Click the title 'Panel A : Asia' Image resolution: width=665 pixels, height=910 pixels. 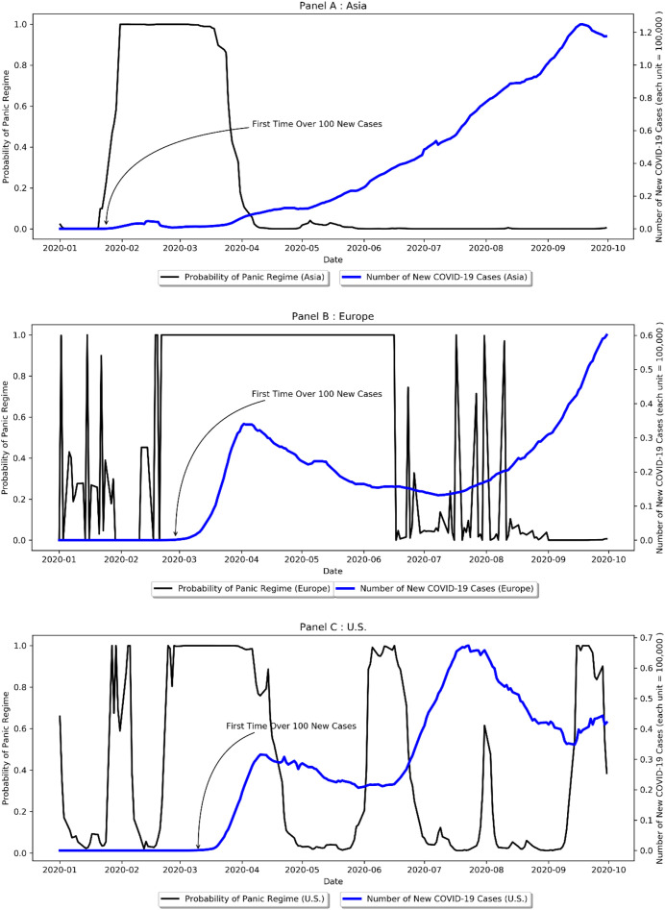tap(332, 6)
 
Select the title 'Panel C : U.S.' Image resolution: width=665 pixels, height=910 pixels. tap(332, 626)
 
